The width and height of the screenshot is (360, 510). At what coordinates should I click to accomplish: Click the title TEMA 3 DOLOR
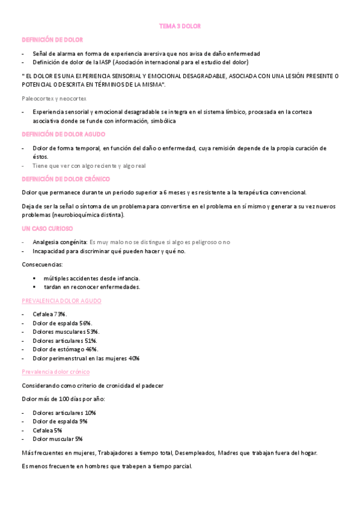pos(180,26)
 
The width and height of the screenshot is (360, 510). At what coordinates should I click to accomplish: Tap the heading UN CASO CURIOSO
pos(47,229)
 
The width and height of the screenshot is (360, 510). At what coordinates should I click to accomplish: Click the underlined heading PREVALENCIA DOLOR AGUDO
pos(61,300)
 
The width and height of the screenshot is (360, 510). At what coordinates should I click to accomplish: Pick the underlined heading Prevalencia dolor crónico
pos(55,372)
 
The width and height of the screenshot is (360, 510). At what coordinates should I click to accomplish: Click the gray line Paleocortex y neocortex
pos(54,98)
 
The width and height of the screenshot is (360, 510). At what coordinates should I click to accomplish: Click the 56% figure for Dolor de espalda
pos(85,323)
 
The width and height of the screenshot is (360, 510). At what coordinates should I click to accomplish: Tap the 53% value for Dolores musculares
pos(93,331)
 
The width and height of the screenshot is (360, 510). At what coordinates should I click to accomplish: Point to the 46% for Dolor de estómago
pos(91,349)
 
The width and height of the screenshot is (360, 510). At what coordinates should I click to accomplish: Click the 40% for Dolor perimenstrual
pos(133,358)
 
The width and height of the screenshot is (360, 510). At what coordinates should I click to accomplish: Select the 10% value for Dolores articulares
pos(90,413)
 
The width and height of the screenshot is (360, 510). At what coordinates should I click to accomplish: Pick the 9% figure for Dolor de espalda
pos(83,422)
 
